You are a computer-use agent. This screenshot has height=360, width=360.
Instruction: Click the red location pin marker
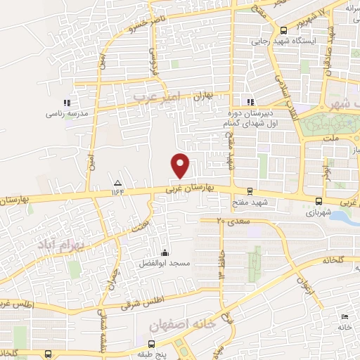coord(181,165)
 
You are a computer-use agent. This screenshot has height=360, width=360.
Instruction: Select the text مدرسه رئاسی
coord(65,113)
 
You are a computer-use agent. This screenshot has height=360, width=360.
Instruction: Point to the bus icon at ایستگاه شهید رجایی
coord(283,30)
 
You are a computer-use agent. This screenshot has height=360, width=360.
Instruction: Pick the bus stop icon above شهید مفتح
coord(250,191)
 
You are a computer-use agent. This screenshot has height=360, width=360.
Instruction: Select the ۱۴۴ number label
coord(117,191)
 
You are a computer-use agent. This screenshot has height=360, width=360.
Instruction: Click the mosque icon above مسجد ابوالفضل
coord(165,252)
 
